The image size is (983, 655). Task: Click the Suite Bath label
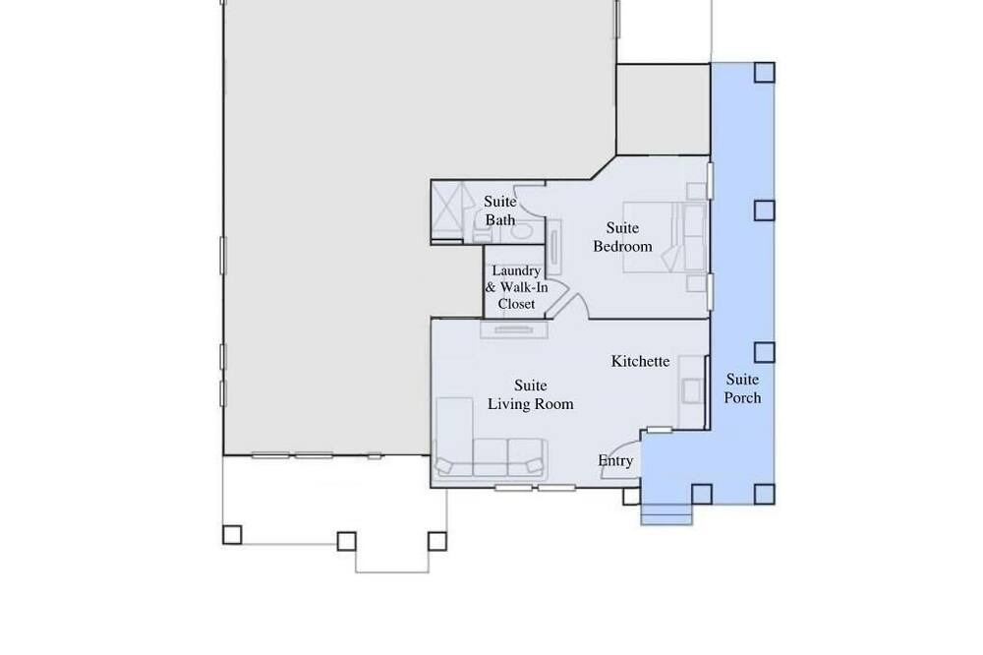(499, 210)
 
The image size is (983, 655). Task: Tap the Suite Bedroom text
(622, 237)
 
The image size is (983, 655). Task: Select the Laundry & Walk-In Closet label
(516, 287)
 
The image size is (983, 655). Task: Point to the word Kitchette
(640, 361)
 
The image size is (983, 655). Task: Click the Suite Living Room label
(531, 394)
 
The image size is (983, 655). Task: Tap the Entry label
(615, 461)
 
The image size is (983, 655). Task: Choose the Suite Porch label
(742, 388)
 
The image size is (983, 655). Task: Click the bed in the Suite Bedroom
(665, 237)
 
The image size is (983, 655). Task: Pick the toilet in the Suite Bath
(482, 228)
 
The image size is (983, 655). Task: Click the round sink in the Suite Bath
(520, 230)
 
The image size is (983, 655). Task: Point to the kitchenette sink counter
(692, 391)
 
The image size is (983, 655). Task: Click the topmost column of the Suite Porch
(764, 73)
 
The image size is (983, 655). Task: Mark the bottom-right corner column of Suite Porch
(764, 495)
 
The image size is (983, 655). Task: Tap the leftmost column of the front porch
(232, 535)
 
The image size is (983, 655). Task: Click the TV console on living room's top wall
(514, 329)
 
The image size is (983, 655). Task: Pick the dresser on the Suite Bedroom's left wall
(554, 247)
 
